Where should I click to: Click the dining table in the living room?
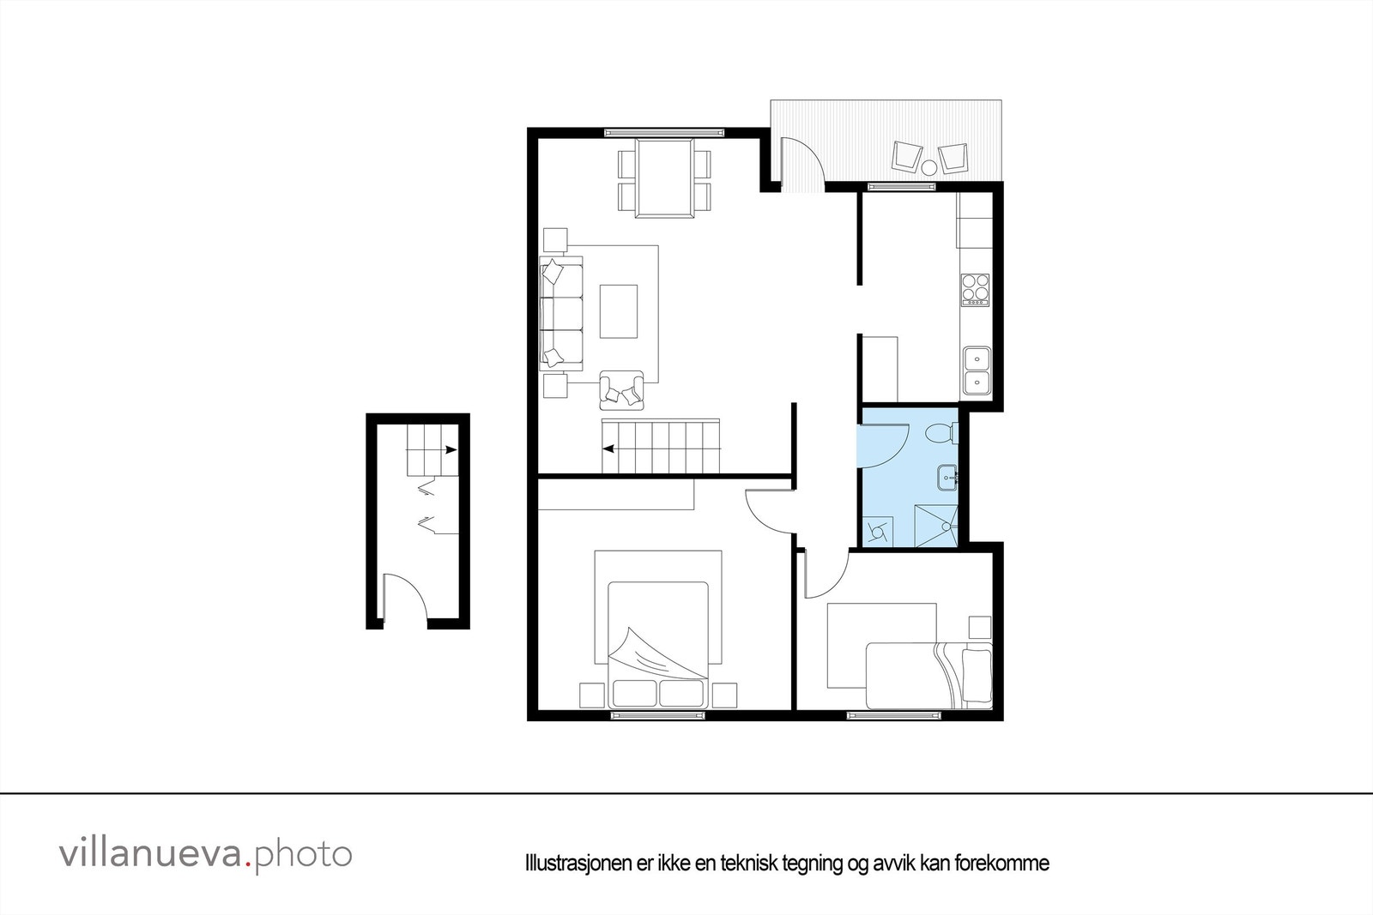(663, 178)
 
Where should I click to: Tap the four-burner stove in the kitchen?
(975, 289)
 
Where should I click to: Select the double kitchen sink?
(976, 370)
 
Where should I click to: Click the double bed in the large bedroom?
(658, 644)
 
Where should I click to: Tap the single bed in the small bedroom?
(928, 676)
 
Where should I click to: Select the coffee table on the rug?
(618, 311)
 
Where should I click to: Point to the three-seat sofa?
(560, 313)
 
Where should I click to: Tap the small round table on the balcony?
(929, 166)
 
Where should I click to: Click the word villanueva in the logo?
(150, 854)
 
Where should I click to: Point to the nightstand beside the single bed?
(979, 627)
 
